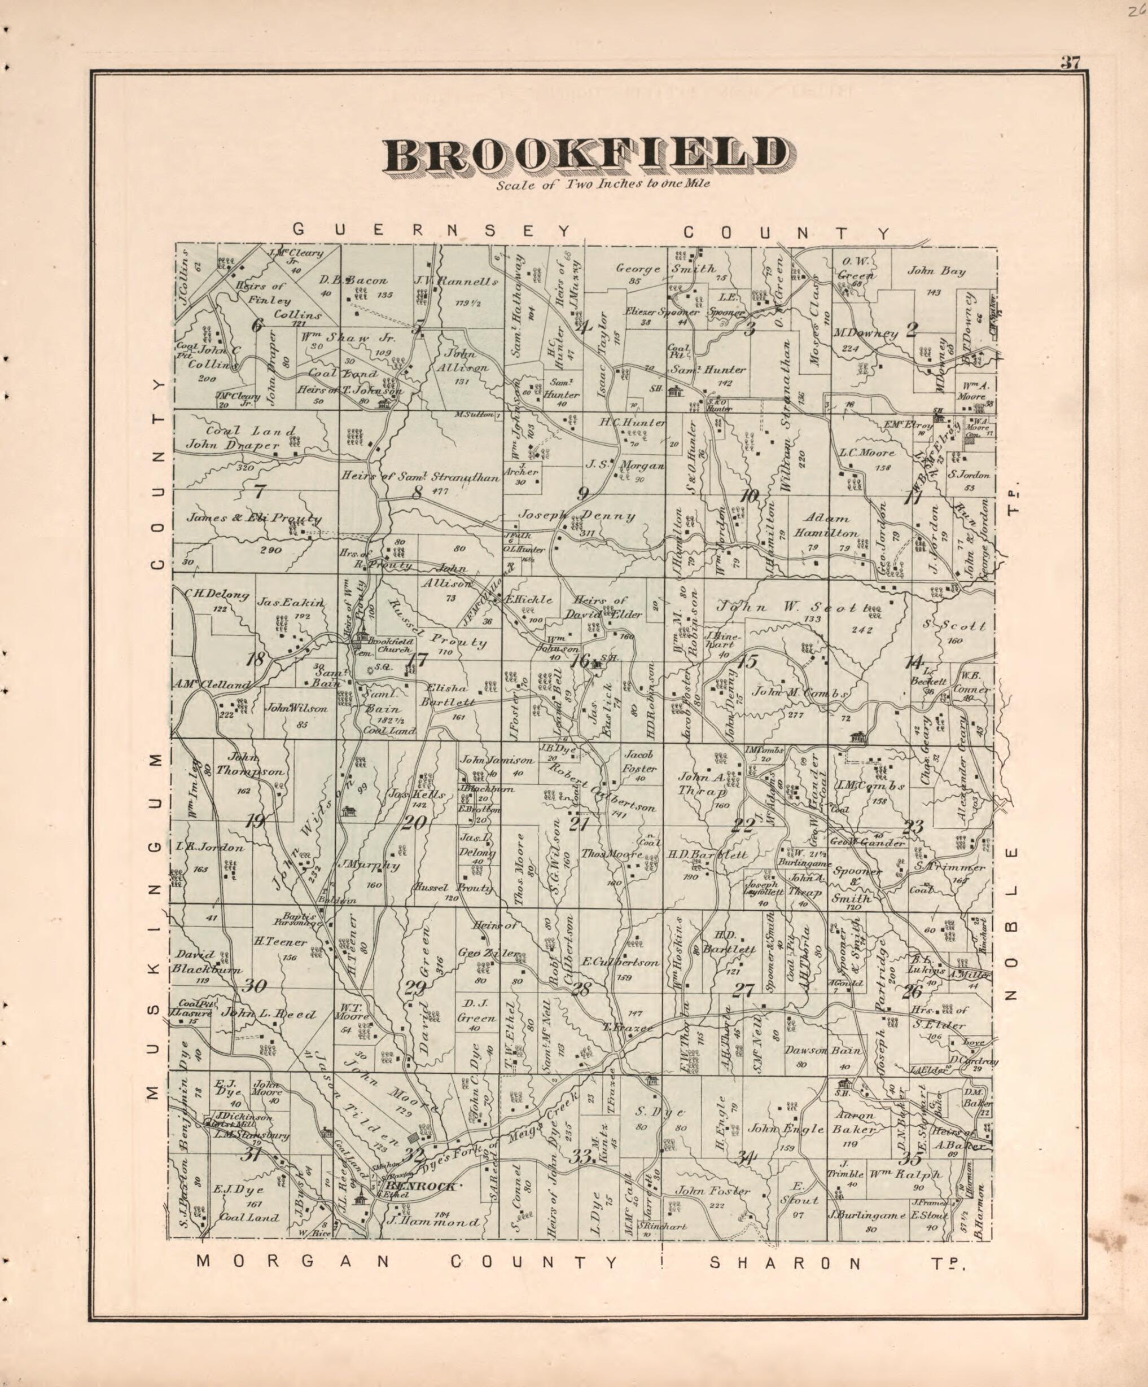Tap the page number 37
(x=1070, y=63)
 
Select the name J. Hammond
(x=433, y=1222)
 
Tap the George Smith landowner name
(x=665, y=269)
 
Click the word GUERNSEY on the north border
(x=431, y=230)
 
